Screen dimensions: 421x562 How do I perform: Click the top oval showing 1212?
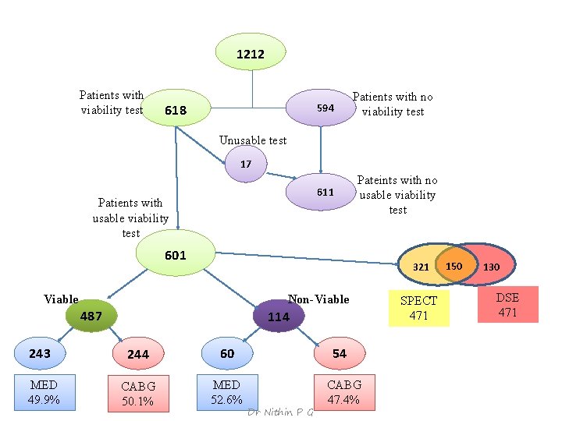251,54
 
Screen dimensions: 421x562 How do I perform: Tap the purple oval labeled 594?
321,108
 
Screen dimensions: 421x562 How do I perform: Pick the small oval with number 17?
247,165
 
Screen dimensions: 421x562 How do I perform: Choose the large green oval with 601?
176,255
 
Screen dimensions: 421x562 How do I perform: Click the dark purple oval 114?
279,317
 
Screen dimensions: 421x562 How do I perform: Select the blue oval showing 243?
41,353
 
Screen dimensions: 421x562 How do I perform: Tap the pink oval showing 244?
138,354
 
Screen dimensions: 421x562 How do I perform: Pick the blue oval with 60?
227,353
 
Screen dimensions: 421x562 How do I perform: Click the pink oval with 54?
340,353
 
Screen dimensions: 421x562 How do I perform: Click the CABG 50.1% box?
138,394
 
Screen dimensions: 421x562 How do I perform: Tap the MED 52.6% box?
226,392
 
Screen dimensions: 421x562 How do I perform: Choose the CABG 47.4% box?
344,392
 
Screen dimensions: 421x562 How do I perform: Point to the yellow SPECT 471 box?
419,308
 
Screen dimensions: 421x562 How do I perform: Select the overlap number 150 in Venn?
454,266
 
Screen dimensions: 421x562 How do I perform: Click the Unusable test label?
253,140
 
